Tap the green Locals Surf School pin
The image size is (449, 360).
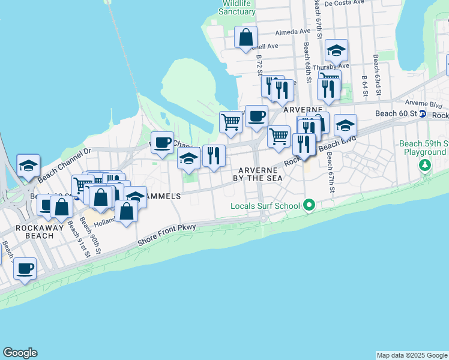coord(309,206)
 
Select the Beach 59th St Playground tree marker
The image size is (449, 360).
coord(425,164)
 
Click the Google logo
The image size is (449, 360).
coord(20,353)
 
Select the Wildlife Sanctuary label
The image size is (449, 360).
coord(237,7)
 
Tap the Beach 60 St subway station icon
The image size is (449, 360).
coord(423,114)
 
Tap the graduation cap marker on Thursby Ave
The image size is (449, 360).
coord(337,50)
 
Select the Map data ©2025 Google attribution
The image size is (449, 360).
coord(412,355)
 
